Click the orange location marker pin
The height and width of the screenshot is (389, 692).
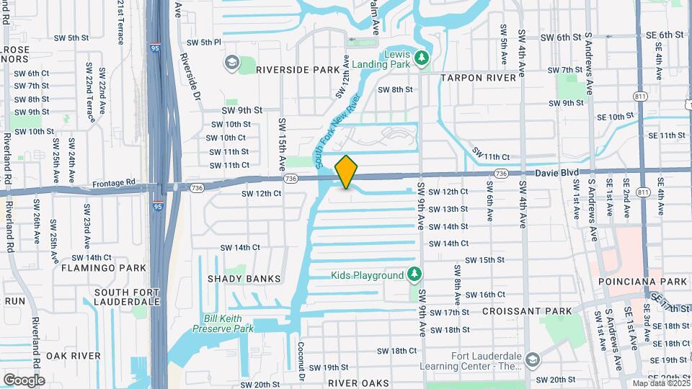[347, 172]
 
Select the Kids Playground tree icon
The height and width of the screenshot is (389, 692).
[414, 274]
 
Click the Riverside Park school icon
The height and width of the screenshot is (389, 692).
[232, 63]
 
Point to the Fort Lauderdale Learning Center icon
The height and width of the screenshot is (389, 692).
[532, 359]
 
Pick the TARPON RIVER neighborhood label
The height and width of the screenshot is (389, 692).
[478, 77]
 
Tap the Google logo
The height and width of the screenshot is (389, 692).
[24, 380]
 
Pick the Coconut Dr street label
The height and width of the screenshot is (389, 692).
[301, 360]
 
